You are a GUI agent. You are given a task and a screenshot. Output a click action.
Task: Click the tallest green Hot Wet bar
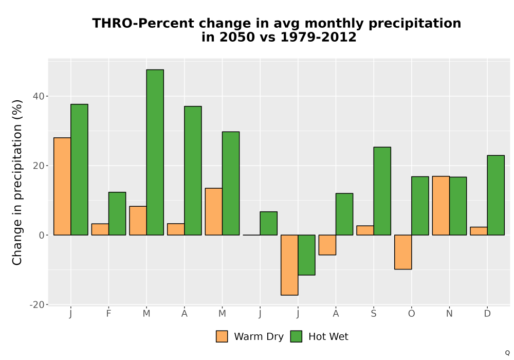155,152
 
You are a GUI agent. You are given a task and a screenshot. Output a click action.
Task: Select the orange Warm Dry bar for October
403,252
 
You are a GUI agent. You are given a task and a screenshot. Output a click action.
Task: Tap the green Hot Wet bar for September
382,191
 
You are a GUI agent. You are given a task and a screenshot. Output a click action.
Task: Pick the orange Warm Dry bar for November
441,206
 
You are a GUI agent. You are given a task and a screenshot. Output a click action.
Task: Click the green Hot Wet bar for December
495,195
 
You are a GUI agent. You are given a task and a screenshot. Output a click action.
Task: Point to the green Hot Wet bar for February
117,213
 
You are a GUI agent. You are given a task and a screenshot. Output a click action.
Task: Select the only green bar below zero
306,255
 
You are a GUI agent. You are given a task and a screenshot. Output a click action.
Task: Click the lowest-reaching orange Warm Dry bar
289,265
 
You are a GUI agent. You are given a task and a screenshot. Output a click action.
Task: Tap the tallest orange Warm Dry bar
62,186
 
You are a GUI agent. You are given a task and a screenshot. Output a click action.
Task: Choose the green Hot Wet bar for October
420,206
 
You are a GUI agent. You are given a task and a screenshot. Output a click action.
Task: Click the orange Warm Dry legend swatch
222,336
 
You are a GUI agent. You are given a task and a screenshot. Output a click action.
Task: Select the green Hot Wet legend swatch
296,336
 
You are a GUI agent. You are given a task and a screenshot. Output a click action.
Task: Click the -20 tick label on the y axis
36,304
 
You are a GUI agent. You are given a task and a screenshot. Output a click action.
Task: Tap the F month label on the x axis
108,314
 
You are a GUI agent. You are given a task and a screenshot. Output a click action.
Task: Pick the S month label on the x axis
374,314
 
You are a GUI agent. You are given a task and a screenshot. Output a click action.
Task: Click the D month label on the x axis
487,314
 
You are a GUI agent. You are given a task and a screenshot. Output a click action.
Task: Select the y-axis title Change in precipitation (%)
17,182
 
